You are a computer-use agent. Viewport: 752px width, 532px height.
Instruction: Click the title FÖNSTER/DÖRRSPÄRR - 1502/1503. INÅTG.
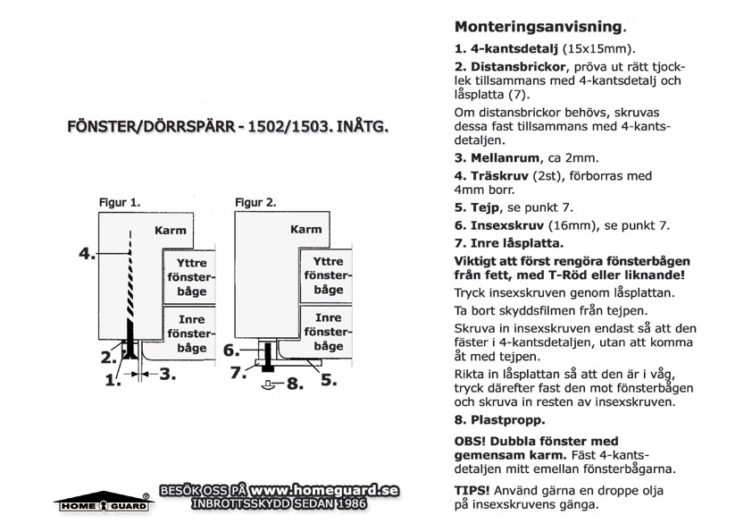(x=229, y=127)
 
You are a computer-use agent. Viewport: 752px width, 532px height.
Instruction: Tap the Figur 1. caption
(x=119, y=202)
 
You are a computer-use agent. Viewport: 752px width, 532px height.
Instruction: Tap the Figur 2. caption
(x=255, y=202)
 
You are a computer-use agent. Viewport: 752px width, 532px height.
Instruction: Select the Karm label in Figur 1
(x=171, y=230)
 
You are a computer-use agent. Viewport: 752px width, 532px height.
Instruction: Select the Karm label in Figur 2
(x=306, y=230)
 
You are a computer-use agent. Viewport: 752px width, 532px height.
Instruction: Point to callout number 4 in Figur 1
(x=86, y=254)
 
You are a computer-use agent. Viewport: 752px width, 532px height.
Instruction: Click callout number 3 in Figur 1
(x=166, y=376)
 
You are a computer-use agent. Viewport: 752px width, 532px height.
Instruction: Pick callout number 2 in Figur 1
(x=106, y=358)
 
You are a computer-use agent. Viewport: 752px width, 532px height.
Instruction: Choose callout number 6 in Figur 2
(x=230, y=350)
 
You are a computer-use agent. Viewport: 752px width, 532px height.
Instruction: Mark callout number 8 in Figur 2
(x=295, y=386)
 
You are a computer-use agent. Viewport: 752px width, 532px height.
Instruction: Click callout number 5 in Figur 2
(x=329, y=379)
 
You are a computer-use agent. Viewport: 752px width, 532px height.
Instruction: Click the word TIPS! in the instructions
(x=472, y=491)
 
